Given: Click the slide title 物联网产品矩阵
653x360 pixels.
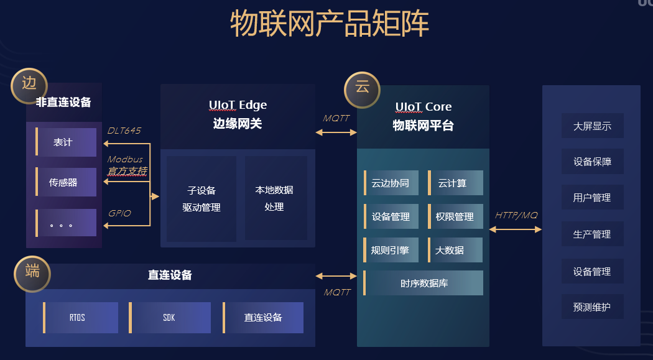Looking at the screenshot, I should click(330, 25).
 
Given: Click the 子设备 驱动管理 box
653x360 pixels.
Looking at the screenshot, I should click(201, 199).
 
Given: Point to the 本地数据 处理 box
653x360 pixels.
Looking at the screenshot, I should click(275, 198).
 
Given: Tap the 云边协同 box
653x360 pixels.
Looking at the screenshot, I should click(391, 183).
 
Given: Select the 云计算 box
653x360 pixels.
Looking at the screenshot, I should click(455, 183).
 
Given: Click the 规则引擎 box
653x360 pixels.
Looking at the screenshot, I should click(391, 250).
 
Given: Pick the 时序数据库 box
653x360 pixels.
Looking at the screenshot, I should click(424, 283).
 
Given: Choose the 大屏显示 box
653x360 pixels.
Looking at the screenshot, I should click(592, 126).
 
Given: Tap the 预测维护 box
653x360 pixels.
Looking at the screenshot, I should click(592, 307).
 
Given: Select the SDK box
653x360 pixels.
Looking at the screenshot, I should click(170, 318).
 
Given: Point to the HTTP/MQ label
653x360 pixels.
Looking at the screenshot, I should click(516, 215).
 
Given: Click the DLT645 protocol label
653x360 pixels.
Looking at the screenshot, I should click(124, 131).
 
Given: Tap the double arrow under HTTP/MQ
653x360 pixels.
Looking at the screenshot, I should click(516, 229).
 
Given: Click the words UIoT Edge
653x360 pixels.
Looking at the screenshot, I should click(238, 105).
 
